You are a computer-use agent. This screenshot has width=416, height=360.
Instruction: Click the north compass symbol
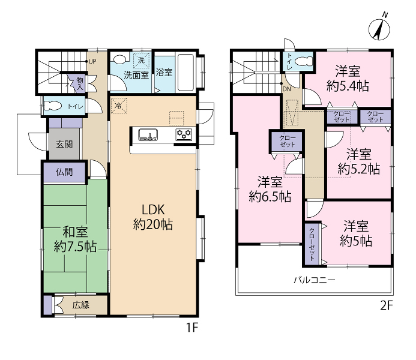(x=379, y=28)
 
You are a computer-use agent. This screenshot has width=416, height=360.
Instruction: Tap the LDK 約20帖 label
(x=153, y=217)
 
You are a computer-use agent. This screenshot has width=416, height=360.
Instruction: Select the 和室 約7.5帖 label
(x=75, y=239)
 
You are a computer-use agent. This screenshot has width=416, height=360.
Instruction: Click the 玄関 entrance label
(x=64, y=144)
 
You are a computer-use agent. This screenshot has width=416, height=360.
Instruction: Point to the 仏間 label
(x=64, y=172)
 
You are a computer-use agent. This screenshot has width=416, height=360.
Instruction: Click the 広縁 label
(x=81, y=305)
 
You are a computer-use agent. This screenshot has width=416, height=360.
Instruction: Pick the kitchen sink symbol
(x=148, y=134)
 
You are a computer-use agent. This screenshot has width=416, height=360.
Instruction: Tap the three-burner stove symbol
(x=184, y=134)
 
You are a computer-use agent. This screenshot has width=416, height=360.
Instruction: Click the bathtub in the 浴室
(x=185, y=73)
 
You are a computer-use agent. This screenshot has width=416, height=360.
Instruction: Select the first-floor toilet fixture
(x=53, y=106)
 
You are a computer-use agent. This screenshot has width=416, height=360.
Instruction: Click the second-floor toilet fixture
(x=304, y=61)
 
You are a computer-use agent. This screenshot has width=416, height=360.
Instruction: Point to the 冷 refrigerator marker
(x=119, y=106)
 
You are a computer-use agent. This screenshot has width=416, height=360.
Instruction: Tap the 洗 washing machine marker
(x=141, y=61)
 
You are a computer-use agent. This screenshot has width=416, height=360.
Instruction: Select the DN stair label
(x=287, y=89)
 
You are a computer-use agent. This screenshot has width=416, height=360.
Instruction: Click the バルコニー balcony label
(x=315, y=280)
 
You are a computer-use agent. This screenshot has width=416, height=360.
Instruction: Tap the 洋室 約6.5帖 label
(x=270, y=190)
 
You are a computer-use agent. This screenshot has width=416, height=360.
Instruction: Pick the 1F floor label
(x=192, y=328)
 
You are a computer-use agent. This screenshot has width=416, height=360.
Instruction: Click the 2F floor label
(x=387, y=305)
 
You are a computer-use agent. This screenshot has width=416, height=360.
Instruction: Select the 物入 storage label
(x=80, y=84)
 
